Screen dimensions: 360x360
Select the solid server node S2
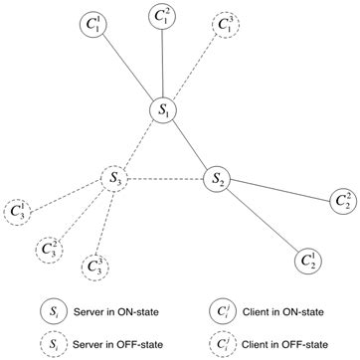click(x=217, y=179)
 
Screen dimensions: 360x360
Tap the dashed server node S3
click(x=116, y=179)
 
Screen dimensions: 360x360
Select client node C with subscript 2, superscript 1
click(x=308, y=262)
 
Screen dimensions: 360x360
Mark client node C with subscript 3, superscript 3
click(x=94, y=266)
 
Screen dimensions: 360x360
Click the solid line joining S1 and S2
click(x=190, y=145)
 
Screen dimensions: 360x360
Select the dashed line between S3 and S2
click(x=166, y=179)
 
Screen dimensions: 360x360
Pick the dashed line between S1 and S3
click(x=139, y=145)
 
